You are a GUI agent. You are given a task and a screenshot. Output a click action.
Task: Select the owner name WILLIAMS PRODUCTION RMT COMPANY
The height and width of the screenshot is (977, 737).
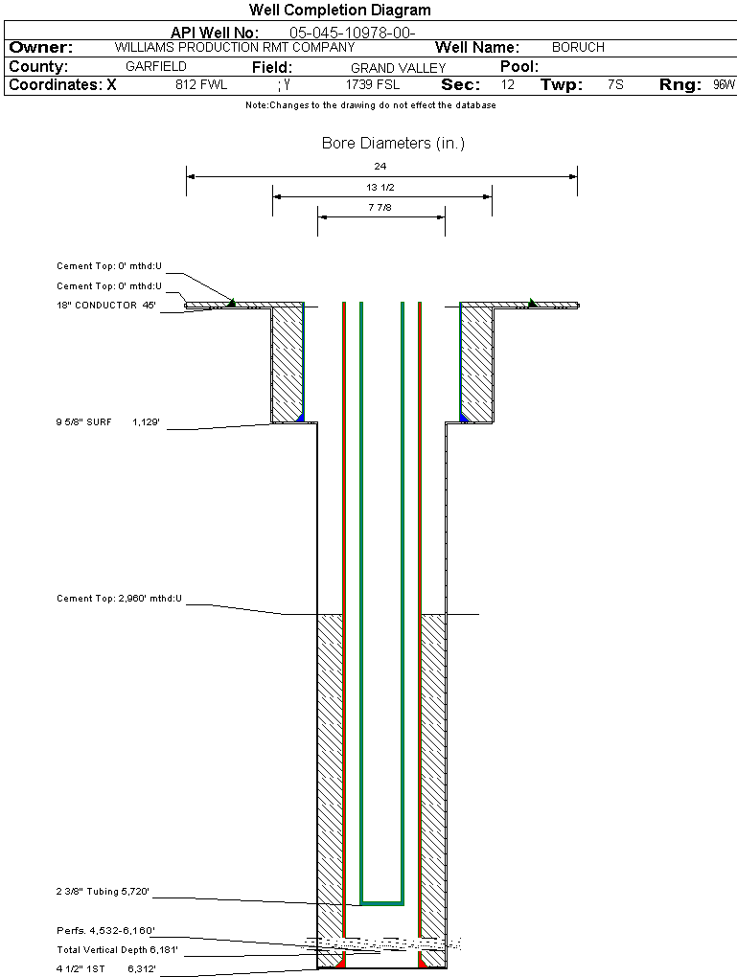point(234,47)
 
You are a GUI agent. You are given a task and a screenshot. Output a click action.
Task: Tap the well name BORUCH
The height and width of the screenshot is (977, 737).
point(578,47)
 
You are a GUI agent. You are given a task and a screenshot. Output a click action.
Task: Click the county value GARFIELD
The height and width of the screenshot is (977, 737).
point(156,67)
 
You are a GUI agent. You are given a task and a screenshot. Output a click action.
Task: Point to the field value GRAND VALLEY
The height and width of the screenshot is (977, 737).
point(398,68)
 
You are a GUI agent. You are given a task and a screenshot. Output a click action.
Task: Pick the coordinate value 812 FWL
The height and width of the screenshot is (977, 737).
point(201,85)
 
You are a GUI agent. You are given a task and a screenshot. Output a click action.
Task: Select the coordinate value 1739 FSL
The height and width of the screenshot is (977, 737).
point(372,85)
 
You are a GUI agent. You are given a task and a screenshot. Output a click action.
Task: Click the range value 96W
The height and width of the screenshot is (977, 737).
point(724,85)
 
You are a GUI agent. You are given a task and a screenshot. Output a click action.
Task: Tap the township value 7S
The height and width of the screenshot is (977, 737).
point(615,85)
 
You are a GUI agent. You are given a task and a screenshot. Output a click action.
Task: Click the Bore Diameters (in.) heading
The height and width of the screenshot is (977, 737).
point(393,144)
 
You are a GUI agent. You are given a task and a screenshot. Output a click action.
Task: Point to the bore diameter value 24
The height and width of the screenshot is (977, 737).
point(380,167)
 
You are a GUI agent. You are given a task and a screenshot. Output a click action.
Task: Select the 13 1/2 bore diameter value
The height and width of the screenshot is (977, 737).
point(380,188)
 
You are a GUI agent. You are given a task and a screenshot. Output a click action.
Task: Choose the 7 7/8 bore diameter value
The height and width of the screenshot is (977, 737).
point(380,207)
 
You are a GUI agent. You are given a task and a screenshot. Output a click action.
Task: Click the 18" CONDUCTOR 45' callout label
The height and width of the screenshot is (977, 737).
point(105,306)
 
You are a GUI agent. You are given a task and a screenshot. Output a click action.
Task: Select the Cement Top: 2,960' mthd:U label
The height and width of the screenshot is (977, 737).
point(119,599)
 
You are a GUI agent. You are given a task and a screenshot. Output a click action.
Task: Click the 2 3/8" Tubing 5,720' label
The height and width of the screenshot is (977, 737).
point(103,892)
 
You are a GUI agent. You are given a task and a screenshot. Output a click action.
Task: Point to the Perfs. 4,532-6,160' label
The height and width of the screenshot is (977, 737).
point(105,930)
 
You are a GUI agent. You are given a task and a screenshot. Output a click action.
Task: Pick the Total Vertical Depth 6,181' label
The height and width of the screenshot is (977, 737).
point(117,949)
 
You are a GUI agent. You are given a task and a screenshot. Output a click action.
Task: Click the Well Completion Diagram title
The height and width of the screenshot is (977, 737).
point(339,11)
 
